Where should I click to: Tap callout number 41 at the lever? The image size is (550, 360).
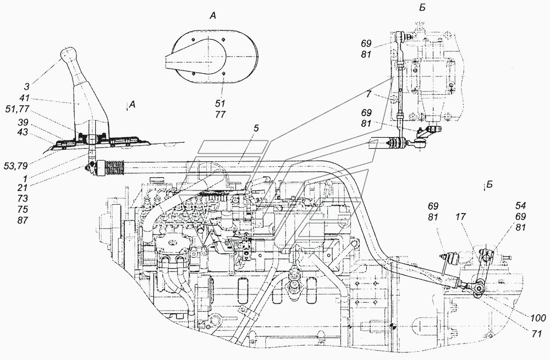(25, 99)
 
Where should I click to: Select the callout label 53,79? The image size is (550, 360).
(16, 166)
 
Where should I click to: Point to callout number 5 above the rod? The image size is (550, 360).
(256, 129)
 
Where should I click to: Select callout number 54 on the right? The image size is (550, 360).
(520, 205)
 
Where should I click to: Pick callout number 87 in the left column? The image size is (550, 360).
(23, 221)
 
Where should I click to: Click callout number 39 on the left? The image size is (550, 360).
(23, 122)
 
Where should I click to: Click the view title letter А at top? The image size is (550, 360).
(213, 15)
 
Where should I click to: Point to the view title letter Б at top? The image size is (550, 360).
(422, 8)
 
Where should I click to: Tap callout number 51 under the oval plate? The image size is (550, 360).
(221, 103)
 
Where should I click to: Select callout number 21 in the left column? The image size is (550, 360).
(23, 188)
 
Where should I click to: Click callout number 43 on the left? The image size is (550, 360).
(23, 133)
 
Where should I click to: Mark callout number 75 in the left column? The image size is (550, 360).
(23, 210)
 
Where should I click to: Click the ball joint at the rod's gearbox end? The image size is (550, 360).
(477, 288)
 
